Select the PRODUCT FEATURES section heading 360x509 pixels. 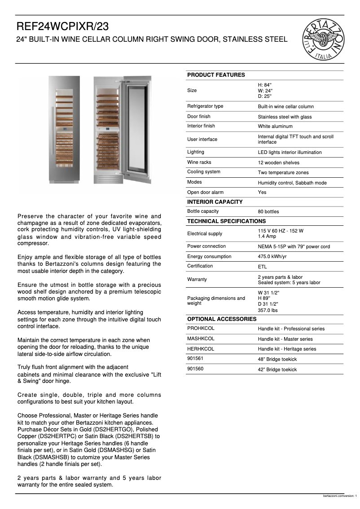click(216, 75)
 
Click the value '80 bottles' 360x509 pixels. click(268, 212)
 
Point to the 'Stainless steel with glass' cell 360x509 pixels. click(285, 117)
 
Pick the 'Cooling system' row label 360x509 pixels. click(203, 172)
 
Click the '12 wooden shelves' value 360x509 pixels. click(278, 163)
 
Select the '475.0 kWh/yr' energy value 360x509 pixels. click(272, 257)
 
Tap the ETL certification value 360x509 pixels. click(262, 267)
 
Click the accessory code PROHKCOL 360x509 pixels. click(201, 329)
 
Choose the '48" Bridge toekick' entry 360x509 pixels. click(277, 359)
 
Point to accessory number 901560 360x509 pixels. click(194, 369)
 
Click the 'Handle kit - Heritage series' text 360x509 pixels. click(287, 349)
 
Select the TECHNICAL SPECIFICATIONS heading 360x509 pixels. click(226, 221)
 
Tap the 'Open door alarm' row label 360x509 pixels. click(205, 192)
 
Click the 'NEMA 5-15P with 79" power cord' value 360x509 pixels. click(294, 247)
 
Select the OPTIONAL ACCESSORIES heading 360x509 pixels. click(222, 319)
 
